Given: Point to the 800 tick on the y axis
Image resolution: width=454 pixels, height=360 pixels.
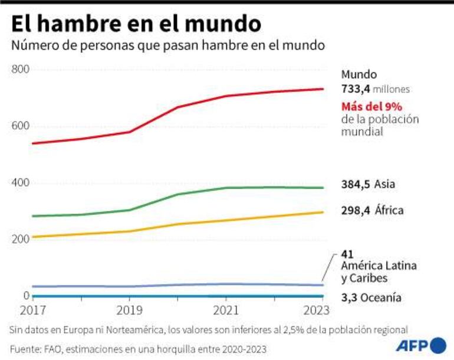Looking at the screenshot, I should click(20, 70).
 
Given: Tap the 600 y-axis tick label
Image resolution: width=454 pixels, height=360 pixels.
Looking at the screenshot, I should click(20, 126).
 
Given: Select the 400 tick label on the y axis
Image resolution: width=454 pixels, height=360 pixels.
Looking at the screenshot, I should click(20, 182).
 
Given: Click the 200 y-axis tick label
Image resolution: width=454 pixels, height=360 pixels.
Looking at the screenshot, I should click(20, 239).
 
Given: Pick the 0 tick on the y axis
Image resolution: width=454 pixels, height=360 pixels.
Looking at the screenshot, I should click(27, 295).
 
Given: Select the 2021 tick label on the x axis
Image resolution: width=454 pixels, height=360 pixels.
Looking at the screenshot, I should click(226, 310).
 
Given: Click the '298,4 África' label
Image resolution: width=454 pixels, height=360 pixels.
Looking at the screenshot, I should click(372, 210).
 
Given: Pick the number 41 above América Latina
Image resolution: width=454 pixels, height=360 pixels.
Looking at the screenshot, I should click(347, 254).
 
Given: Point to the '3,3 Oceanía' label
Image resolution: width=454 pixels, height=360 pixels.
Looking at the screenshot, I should click(371, 298).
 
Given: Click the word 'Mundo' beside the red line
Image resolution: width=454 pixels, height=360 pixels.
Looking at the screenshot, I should click(359, 75).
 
